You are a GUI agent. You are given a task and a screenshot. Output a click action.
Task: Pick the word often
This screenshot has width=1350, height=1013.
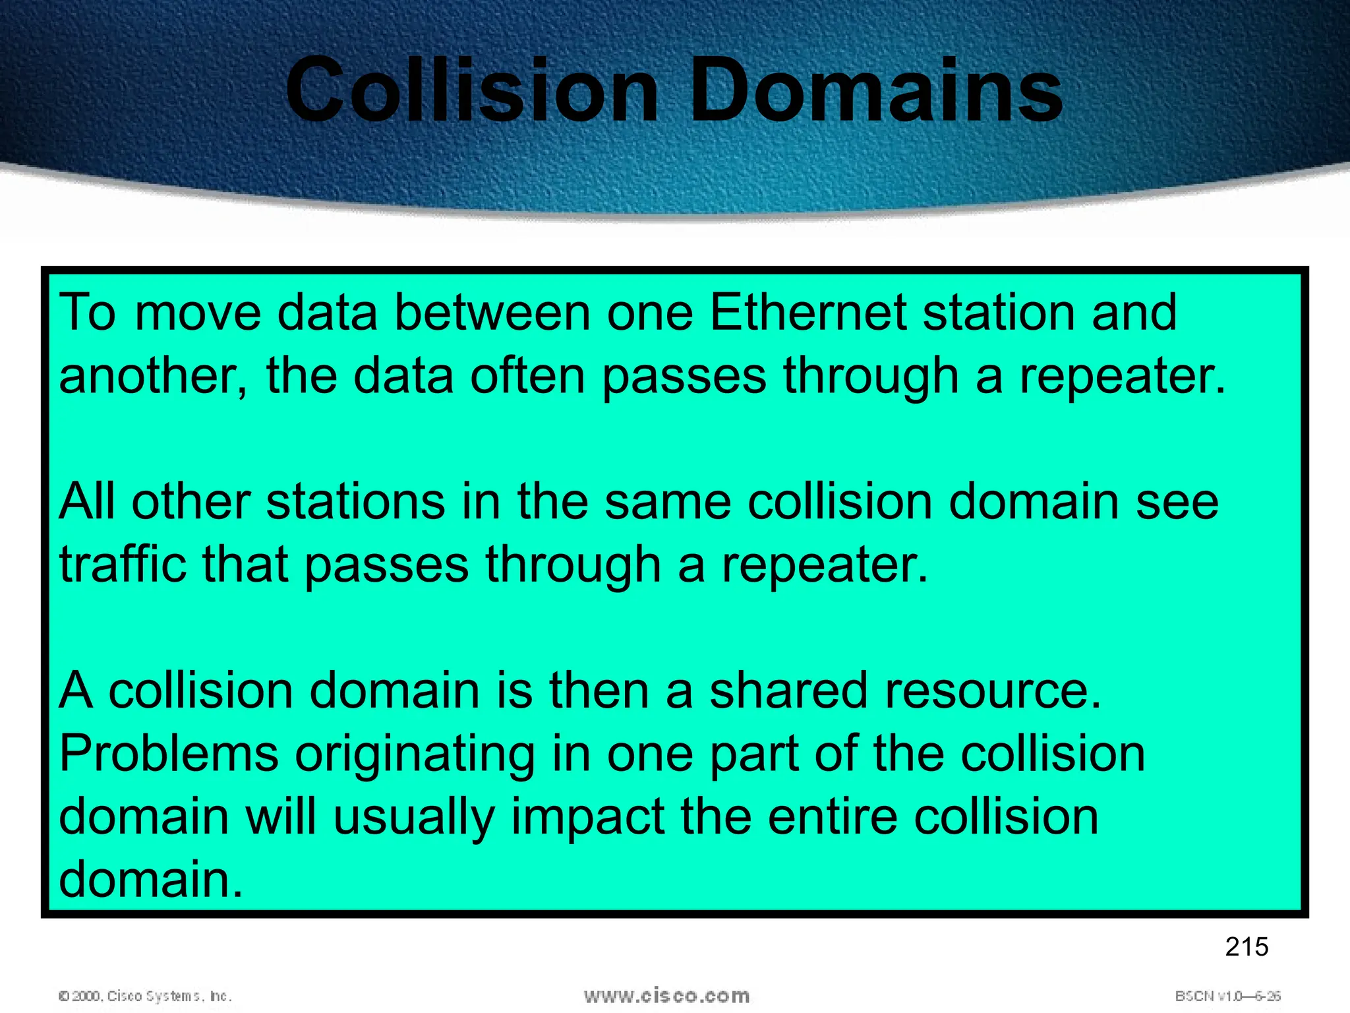[x=527, y=376]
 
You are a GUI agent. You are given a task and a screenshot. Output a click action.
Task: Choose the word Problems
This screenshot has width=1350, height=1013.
[x=169, y=753]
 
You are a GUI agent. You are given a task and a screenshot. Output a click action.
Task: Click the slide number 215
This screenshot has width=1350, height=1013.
[x=1247, y=947]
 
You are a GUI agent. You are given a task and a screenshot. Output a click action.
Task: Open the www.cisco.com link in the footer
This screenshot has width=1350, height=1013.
[x=666, y=995]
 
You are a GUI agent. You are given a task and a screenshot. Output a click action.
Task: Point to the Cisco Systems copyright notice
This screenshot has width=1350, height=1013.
[x=145, y=996]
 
